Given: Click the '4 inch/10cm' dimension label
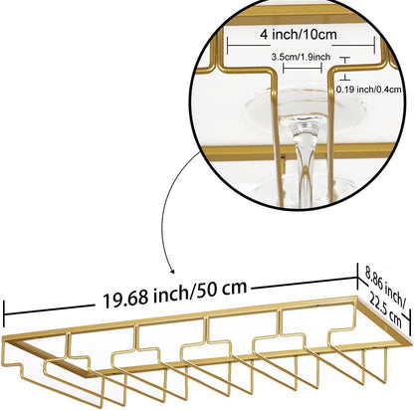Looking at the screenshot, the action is coord(299,34).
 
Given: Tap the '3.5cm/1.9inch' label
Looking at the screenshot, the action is coord(301,57).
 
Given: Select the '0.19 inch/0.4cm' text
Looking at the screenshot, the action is coord(369,90).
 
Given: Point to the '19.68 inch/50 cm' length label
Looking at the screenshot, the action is coord(174,293).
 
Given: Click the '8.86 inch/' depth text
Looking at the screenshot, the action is coord(385,287).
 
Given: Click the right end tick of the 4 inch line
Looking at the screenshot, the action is coord(374,45).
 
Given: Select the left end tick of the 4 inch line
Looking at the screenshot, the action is coord(228,45).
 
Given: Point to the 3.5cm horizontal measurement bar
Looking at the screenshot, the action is coord(303,69).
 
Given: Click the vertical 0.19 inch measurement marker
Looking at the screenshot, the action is coord(345,69).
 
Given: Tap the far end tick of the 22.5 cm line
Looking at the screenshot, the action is coord(410,320).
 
